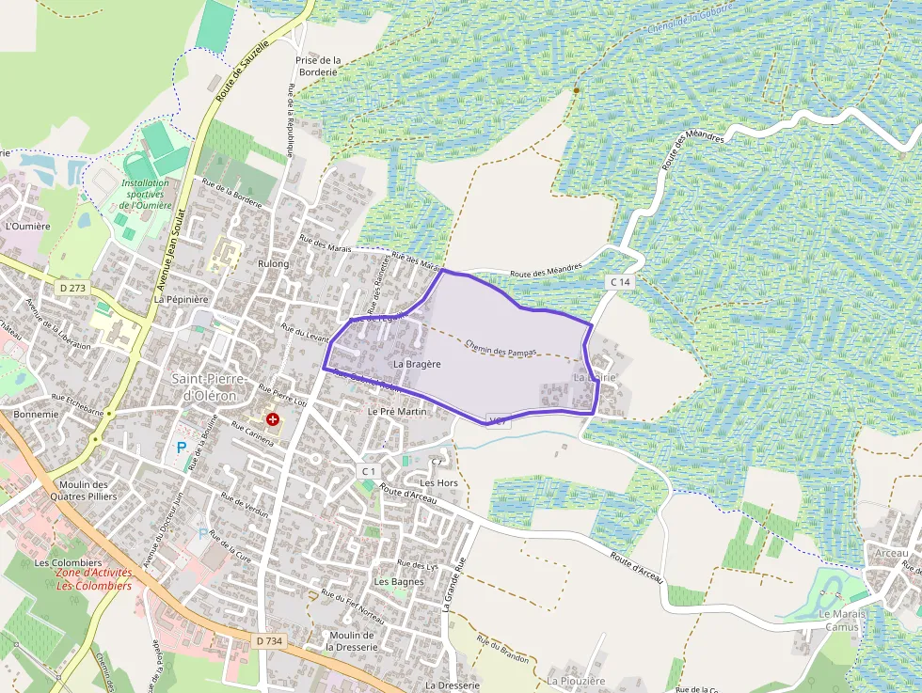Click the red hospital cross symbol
tap(273, 418)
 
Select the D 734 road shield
tap(269, 640)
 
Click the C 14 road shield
tap(620, 281)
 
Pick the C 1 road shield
tap(368, 470)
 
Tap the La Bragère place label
tap(417, 363)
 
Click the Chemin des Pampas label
tap(501, 349)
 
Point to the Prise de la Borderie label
tap(317, 66)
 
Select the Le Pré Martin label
tap(397, 412)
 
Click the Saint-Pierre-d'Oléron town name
tap(210, 386)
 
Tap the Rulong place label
tap(273, 264)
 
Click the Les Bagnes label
tap(399, 582)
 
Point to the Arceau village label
tap(891, 553)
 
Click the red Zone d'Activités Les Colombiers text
tap(93, 578)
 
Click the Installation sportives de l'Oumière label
tap(145, 195)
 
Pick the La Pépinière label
tap(181, 299)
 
